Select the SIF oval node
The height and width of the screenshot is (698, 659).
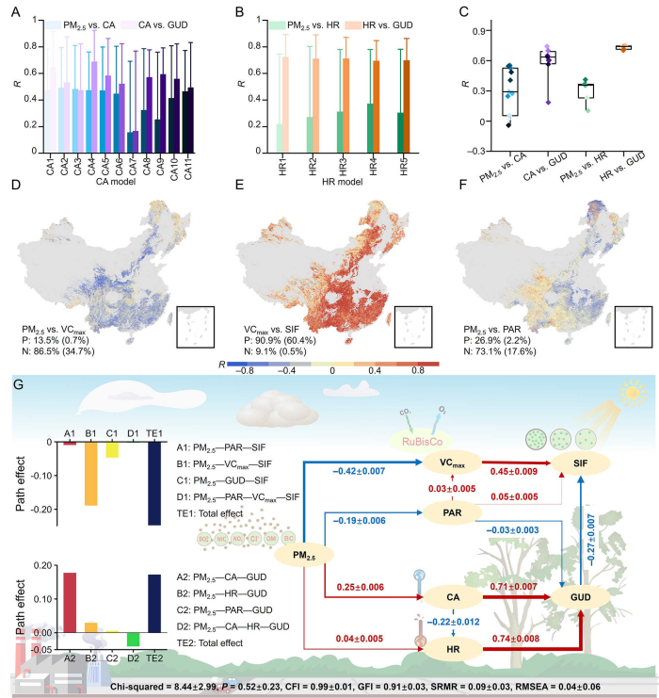coord(583,463)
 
